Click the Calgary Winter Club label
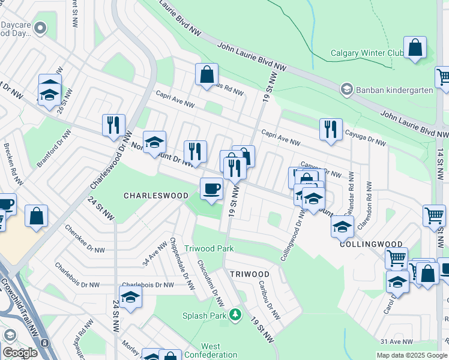tap(367, 53)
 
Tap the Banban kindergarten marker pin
tap(346, 90)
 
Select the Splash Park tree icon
tap(236, 314)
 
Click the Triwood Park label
tap(209, 248)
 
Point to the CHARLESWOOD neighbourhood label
tap(155, 196)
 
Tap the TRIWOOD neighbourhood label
tap(249, 274)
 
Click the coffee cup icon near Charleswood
tap(211, 189)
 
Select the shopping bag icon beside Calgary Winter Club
tap(415, 47)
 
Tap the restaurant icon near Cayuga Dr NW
tap(331, 129)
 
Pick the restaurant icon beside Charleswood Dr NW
tap(113, 125)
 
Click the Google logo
tap(20, 353)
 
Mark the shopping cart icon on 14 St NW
tap(434, 215)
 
